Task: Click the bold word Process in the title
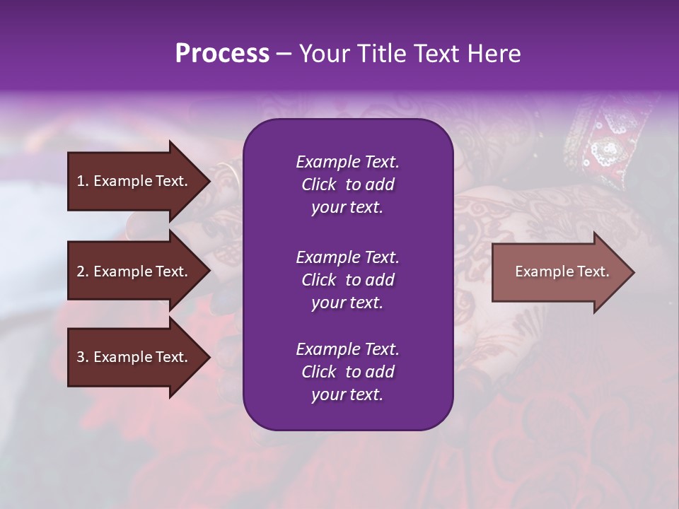(x=222, y=54)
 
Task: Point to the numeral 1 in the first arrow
(x=80, y=181)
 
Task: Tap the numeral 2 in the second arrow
(x=80, y=271)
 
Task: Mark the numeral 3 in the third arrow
(x=80, y=358)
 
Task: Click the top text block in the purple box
(x=347, y=185)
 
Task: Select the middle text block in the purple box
(x=347, y=279)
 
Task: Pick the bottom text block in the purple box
(x=347, y=372)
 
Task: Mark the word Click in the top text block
(x=318, y=185)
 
